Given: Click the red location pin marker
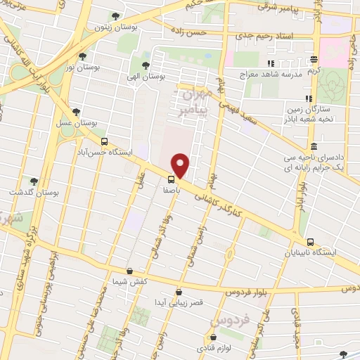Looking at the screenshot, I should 181,165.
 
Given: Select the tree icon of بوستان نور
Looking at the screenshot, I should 83,56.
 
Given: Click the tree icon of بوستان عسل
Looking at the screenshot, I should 76,112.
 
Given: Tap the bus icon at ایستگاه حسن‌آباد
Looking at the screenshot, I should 104,141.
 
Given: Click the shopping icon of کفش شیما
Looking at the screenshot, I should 129,271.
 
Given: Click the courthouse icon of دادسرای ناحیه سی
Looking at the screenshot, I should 314,146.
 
